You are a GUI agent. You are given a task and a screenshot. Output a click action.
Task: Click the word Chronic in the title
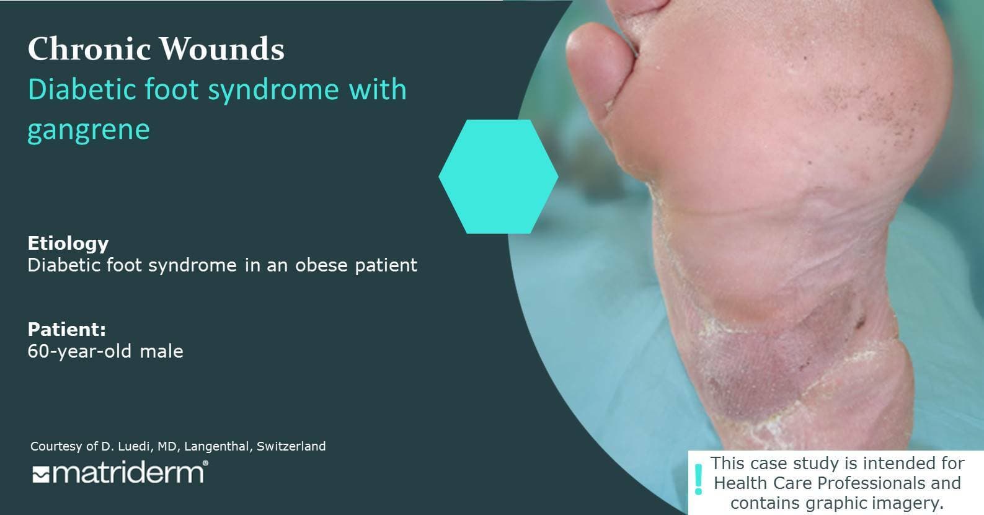click(89, 48)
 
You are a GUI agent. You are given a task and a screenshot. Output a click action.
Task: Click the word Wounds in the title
click(222, 48)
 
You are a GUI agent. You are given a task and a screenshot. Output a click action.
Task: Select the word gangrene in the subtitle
click(89, 130)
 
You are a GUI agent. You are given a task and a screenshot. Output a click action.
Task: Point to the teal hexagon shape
click(499, 177)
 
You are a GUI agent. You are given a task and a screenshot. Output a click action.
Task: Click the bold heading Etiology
click(68, 243)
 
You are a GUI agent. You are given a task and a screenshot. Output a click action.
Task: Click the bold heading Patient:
click(67, 329)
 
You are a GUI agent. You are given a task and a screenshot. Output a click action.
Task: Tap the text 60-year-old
click(79, 351)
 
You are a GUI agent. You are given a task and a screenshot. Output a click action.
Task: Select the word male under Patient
click(161, 351)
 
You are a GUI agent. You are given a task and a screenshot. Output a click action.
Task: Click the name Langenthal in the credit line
click(218, 446)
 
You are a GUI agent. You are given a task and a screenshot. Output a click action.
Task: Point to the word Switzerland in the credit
click(291, 446)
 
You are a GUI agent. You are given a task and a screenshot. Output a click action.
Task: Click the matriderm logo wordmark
click(128, 473)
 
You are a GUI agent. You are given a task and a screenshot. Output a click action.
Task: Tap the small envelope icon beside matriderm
click(41, 475)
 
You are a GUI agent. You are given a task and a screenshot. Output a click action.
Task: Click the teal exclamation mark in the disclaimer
click(698, 480)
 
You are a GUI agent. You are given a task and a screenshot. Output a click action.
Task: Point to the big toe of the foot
click(598, 70)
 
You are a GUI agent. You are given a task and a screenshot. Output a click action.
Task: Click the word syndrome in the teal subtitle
click(273, 90)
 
